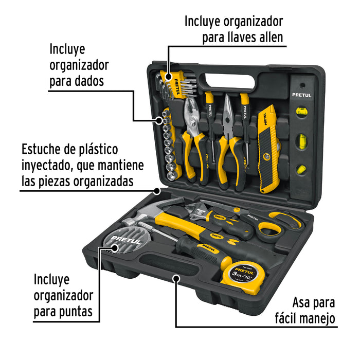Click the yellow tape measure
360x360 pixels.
(x=244, y=277)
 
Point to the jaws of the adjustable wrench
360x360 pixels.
(x=194, y=211)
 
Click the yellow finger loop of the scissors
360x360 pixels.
(x=271, y=226)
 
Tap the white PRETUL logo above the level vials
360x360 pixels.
(x=301, y=95)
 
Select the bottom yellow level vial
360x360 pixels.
(x=301, y=169)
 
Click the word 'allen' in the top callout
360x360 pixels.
(x=271, y=37)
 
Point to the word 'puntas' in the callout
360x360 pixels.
(x=76, y=312)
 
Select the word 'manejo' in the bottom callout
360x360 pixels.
(x=318, y=318)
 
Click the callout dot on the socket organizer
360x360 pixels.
(x=159, y=120)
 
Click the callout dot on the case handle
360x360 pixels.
(x=176, y=279)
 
